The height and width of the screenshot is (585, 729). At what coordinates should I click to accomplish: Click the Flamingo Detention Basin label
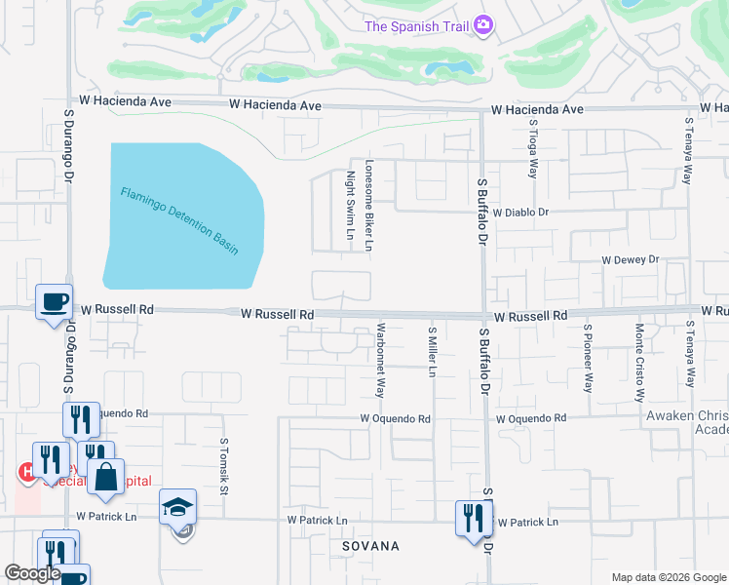180,221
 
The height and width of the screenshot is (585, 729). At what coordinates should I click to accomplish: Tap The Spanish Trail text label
416,25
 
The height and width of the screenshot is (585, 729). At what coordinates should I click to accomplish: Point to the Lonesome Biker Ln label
368,206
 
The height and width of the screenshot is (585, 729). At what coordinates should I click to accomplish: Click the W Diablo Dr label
521,212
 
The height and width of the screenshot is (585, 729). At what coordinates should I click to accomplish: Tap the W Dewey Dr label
631,260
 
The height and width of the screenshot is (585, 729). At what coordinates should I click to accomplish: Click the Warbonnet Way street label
380,360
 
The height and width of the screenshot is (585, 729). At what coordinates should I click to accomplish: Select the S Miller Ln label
431,353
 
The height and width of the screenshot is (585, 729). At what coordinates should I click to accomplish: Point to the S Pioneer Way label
588,358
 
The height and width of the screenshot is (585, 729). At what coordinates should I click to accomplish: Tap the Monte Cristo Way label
640,363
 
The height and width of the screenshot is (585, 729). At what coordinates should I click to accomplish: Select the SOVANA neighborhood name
370,546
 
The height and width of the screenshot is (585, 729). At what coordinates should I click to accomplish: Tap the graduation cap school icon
178,507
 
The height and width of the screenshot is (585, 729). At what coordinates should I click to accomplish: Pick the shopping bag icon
105,478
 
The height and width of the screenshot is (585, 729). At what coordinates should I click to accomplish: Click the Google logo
32,573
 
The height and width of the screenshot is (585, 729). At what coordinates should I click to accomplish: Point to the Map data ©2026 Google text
669,577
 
